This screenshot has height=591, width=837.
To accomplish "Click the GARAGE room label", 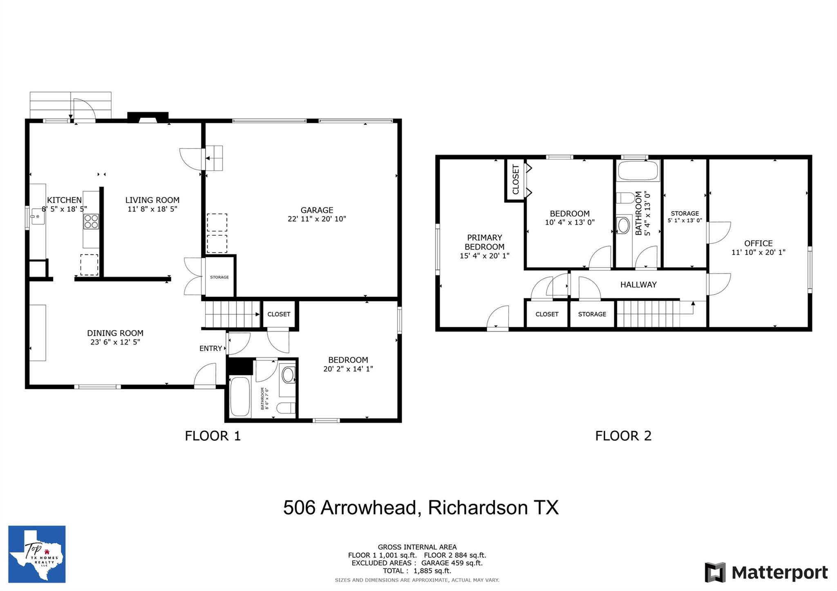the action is [x=317, y=210].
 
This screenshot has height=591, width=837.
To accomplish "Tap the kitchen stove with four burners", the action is [x=91, y=221].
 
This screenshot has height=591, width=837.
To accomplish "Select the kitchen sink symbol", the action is [x=38, y=216].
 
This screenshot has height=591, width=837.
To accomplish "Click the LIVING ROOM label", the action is [x=152, y=200].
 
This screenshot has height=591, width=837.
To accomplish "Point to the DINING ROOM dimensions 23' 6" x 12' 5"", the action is [x=115, y=342].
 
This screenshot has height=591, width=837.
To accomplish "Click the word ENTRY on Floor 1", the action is [x=210, y=348].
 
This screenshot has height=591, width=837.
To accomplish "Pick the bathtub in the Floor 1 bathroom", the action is [x=240, y=397].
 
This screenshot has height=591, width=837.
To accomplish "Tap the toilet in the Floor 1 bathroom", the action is [x=286, y=408].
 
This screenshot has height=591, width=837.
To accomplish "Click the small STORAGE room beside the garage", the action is [x=219, y=277].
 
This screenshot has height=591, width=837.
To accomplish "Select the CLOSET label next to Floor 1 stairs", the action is [x=279, y=314].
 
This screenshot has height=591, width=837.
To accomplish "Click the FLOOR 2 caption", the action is [x=623, y=436].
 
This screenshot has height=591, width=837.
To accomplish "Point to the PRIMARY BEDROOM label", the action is [x=485, y=242].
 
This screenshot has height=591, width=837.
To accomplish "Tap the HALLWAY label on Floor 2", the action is [x=638, y=285].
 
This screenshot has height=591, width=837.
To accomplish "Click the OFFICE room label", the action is [x=758, y=243].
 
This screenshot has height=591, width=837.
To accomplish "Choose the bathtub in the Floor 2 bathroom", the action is [x=638, y=170].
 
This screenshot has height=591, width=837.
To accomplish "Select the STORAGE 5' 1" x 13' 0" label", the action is [x=685, y=217].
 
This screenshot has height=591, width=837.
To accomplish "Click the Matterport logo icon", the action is [x=715, y=572].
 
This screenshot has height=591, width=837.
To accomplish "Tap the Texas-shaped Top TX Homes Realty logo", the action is [x=37, y=554].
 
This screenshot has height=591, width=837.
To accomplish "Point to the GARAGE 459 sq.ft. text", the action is [x=452, y=563].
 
